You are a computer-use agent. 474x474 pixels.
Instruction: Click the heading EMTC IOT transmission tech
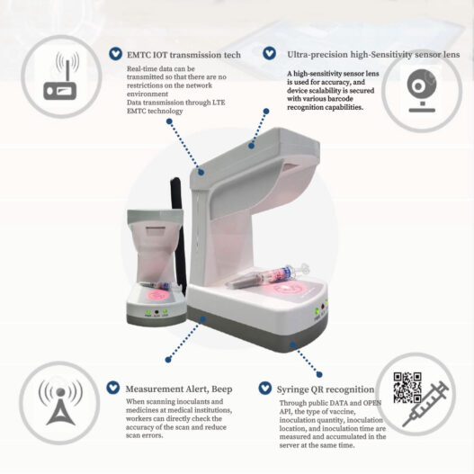(183, 55)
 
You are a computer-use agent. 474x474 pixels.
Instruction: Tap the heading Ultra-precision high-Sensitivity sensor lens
(373, 55)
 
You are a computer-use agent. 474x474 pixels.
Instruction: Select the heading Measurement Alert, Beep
(179, 389)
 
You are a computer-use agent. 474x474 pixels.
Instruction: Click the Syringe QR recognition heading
(326, 389)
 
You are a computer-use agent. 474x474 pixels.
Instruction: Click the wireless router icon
(61, 76)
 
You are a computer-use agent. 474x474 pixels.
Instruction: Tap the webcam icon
(422, 91)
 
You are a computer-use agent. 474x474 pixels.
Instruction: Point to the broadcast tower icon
(60, 402)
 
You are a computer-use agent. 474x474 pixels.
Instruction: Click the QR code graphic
(407, 388)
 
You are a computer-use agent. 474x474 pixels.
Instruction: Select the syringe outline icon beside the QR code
(425, 404)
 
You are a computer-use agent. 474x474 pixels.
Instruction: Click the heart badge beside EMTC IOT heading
(115, 54)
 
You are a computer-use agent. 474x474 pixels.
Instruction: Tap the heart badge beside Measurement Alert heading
(113, 388)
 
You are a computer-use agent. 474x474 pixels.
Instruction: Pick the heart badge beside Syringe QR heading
(265, 388)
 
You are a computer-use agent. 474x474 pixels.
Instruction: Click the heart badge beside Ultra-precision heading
(269, 53)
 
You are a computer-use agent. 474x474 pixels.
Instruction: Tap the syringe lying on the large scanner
(267, 276)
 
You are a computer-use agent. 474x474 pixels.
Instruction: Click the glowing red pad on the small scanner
(157, 295)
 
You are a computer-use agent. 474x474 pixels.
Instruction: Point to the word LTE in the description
(219, 103)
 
